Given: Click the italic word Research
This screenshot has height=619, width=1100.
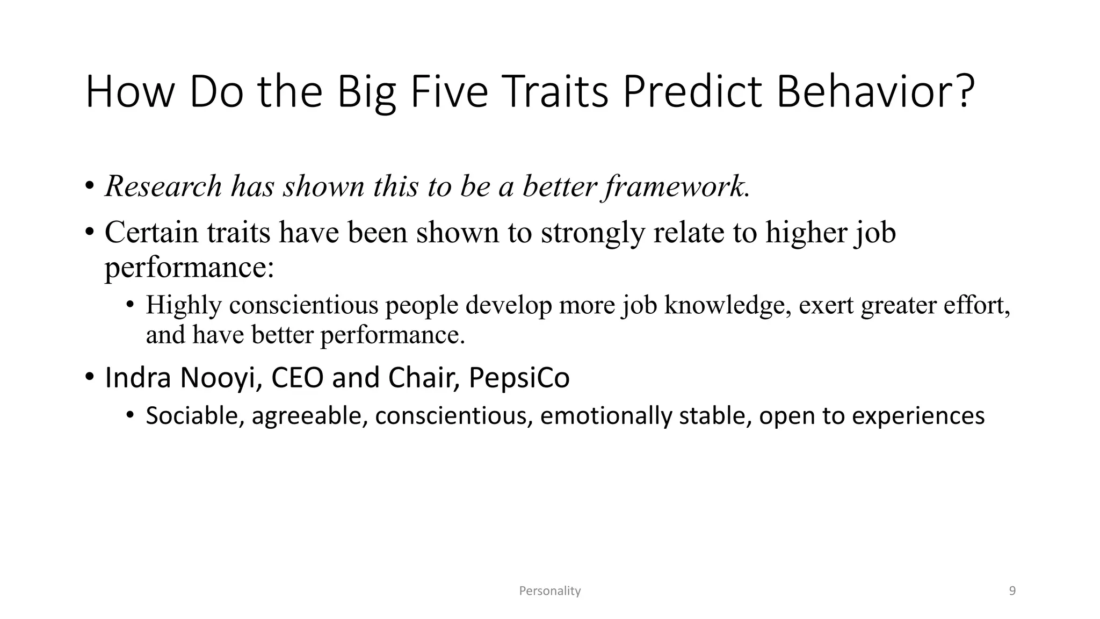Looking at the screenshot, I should click(163, 186).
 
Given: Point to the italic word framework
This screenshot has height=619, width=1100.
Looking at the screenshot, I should click(676, 186).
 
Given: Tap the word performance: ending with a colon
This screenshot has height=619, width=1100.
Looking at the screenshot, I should click(189, 267).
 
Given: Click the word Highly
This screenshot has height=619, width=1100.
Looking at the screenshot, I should click(184, 305).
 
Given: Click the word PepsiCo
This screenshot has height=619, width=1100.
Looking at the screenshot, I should click(519, 378).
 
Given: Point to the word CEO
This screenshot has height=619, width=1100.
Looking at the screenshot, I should click(297, 377).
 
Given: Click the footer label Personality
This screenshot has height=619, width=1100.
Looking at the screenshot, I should click(549, 591).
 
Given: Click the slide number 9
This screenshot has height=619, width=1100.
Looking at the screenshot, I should click(1012, 591).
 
